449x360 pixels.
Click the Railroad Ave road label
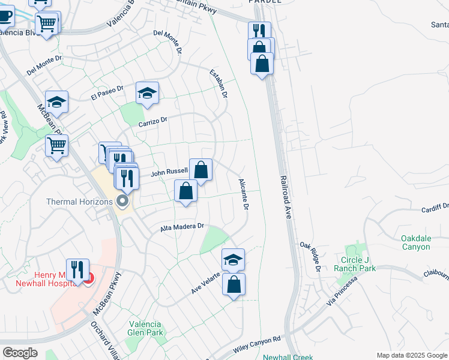[285, 197]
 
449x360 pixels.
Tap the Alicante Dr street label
[244, 194]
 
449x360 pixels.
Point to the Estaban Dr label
[219, 83]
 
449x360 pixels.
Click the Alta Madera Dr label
[183, 228]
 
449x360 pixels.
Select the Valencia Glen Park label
[145, 328]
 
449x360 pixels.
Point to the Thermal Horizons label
[80, 202]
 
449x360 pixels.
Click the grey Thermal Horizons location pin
[124, 201]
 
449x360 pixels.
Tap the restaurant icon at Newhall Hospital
[77, 269]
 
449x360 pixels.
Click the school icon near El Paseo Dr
[147, 93]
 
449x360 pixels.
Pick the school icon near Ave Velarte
[234, 259]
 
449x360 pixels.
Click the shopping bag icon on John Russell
[201, 170]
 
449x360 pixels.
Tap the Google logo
[20, 353]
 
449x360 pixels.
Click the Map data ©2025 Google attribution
[412, 355]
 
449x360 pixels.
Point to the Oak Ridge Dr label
[310, 256]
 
